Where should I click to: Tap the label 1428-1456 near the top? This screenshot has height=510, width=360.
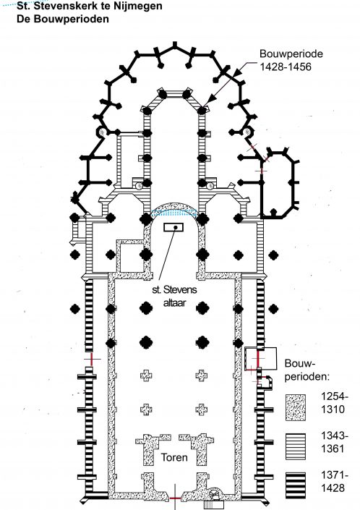(286, 67)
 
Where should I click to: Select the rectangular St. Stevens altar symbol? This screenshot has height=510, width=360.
(173, 227)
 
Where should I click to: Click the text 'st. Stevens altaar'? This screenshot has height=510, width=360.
(174, 296)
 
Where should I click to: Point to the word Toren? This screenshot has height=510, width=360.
(174, 457)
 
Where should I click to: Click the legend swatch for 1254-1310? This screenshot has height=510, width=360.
(296, 407)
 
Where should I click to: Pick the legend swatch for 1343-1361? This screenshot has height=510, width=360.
(296, 446)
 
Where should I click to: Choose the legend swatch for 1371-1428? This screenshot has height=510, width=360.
(296, 485)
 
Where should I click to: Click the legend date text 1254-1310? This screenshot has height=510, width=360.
(334, 403)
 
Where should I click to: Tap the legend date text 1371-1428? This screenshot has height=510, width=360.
(334, 481)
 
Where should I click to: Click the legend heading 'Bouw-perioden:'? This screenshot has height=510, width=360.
(307, 370)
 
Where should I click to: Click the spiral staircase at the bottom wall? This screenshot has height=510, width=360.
(215, 495)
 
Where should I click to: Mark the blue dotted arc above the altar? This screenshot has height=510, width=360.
(173, 211)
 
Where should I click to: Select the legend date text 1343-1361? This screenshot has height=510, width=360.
(334, 442)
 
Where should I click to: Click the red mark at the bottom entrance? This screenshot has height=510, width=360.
(175, 498)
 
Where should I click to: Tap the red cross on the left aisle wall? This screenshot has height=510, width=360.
(92, 359)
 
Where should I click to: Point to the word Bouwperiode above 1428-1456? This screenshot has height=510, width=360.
(291, 54)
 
